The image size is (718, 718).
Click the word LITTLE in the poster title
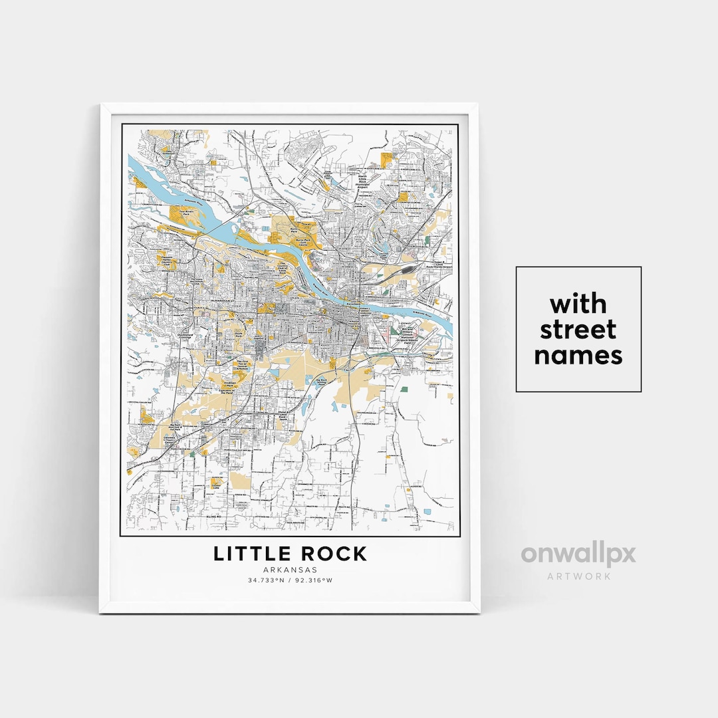click(x=249, y=553)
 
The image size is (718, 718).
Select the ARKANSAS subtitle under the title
click(x=290, y=570)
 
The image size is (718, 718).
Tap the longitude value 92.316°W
click(x=314, y=580)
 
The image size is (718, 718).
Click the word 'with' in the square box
click(x=578, y=304)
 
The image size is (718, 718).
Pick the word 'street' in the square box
click(x=578, y=330)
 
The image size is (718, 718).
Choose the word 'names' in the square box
click(x=578, y=355)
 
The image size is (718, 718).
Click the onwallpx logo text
click(x=578, y=554)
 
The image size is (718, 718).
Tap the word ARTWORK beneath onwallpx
click(x=578, y=576)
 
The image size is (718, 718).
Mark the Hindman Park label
click(x=231, y=385)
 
